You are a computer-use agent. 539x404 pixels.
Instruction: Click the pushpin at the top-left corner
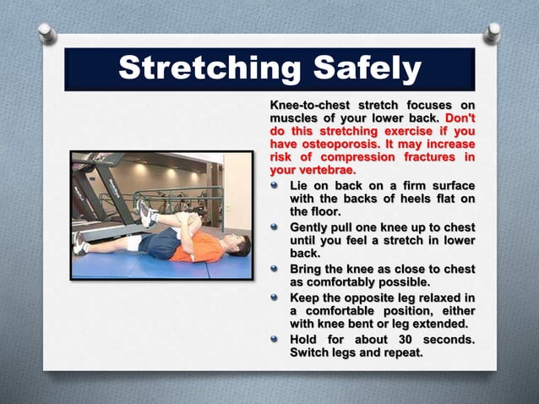click(x=47, y=33)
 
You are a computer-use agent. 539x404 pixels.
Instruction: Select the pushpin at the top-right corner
click(x=492, y=33)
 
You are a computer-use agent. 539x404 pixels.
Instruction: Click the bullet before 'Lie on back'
click(x=275, y=185)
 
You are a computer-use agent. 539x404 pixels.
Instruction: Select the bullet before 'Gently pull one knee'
click(x=275, y=227)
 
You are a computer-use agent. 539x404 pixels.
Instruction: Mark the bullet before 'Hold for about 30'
click(x=275, y=339)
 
